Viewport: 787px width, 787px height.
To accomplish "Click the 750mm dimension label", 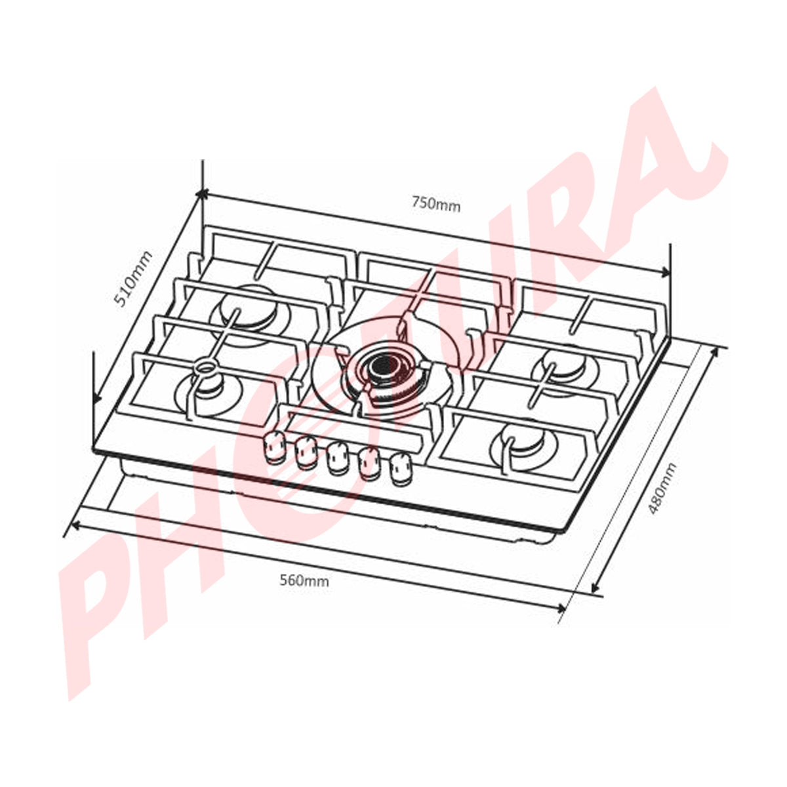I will click(436, 205).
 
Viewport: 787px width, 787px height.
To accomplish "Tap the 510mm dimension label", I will click(132, 279).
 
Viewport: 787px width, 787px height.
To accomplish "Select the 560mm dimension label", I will click(304, 580).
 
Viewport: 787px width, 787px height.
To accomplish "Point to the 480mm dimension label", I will click(660, 489).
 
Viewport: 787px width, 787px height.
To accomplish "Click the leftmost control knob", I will click(273, 448).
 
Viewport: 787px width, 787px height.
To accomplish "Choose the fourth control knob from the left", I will click(369, 464).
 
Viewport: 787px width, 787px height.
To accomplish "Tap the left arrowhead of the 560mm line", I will click(75, 525).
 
